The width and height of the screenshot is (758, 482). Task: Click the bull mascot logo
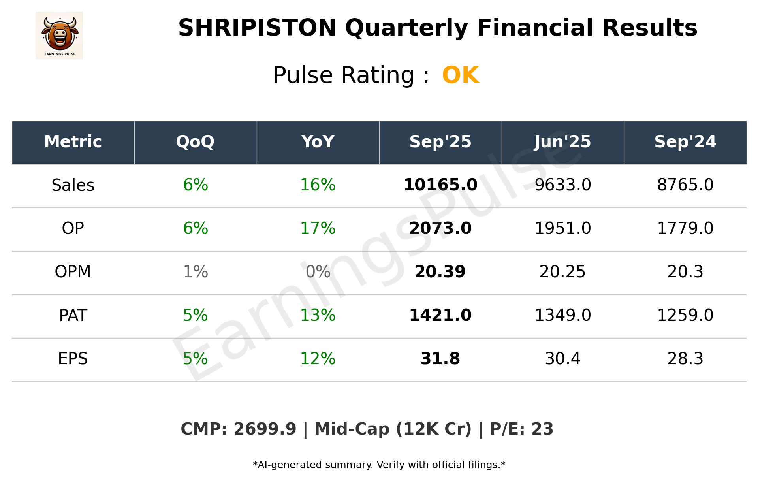[x=59, y=35]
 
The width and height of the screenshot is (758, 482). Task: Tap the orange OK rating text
[x=461, y=75]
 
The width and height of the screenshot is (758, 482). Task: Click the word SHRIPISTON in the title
[x=257, y=28]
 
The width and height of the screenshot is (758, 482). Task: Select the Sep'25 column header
[x=440, y=142]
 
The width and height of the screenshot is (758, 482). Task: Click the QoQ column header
[x=195, y=142]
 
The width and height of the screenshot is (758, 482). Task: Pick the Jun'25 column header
[x=562, y=142]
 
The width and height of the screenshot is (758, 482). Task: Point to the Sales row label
[x=73, y=185]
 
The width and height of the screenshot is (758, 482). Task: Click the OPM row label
[x=73, y=272]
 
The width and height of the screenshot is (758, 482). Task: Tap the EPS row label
[x=73, y=359]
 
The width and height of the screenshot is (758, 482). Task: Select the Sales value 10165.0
[x=440, y=185]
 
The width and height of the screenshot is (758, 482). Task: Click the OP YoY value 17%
[x=318, y=228]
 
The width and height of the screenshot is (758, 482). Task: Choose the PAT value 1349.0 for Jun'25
[x=562, y=315]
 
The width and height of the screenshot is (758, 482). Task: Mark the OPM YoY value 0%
[x=318, y=272]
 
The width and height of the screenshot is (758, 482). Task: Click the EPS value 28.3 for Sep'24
[x=685, y=359]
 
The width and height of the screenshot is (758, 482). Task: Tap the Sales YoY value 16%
[x=318, y=185]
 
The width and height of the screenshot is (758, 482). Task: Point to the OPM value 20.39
[x=440, y=272]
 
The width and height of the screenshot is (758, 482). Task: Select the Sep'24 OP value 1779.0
[x=685, y=228]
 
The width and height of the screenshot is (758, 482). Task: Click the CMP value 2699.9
[x=265, y=429]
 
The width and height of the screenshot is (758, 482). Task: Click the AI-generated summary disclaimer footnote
[x=379, y=465]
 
